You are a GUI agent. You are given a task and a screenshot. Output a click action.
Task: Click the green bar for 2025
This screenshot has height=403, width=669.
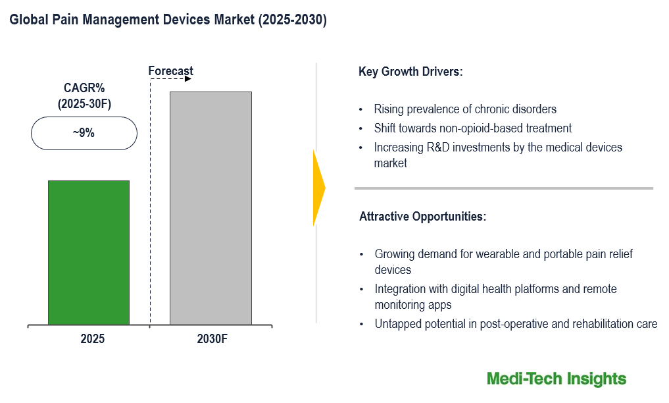[89, 252]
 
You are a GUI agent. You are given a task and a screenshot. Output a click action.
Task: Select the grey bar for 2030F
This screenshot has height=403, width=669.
[211, 207]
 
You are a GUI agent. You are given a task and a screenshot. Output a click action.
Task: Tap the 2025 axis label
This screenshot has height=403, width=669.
[93, 340]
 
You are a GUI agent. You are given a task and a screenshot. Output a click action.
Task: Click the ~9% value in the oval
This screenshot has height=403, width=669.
[84, 133]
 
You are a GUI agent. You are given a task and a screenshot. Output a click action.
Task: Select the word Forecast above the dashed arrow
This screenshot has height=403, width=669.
[170, 71]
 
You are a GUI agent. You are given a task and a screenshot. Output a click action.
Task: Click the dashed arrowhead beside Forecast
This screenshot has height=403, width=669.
[188, 80]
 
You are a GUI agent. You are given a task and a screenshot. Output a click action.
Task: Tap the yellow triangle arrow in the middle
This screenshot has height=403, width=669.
[318, 188]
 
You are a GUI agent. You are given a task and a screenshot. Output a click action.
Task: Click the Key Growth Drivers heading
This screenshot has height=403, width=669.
[410, 72]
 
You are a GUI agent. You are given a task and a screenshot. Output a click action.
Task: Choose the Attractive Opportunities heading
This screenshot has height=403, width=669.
[422, 216]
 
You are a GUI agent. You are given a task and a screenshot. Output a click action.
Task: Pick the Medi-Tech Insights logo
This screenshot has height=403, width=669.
[557, 379]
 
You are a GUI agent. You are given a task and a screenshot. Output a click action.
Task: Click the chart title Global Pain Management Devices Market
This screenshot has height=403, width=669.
[168, 20]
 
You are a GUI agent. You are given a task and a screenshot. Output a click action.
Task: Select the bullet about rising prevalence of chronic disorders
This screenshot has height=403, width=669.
[465, 109]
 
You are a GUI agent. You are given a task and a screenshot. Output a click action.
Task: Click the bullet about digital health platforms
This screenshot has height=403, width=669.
[495, 289]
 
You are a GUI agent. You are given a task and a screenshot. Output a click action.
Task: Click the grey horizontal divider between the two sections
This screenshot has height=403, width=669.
[503, 188]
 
